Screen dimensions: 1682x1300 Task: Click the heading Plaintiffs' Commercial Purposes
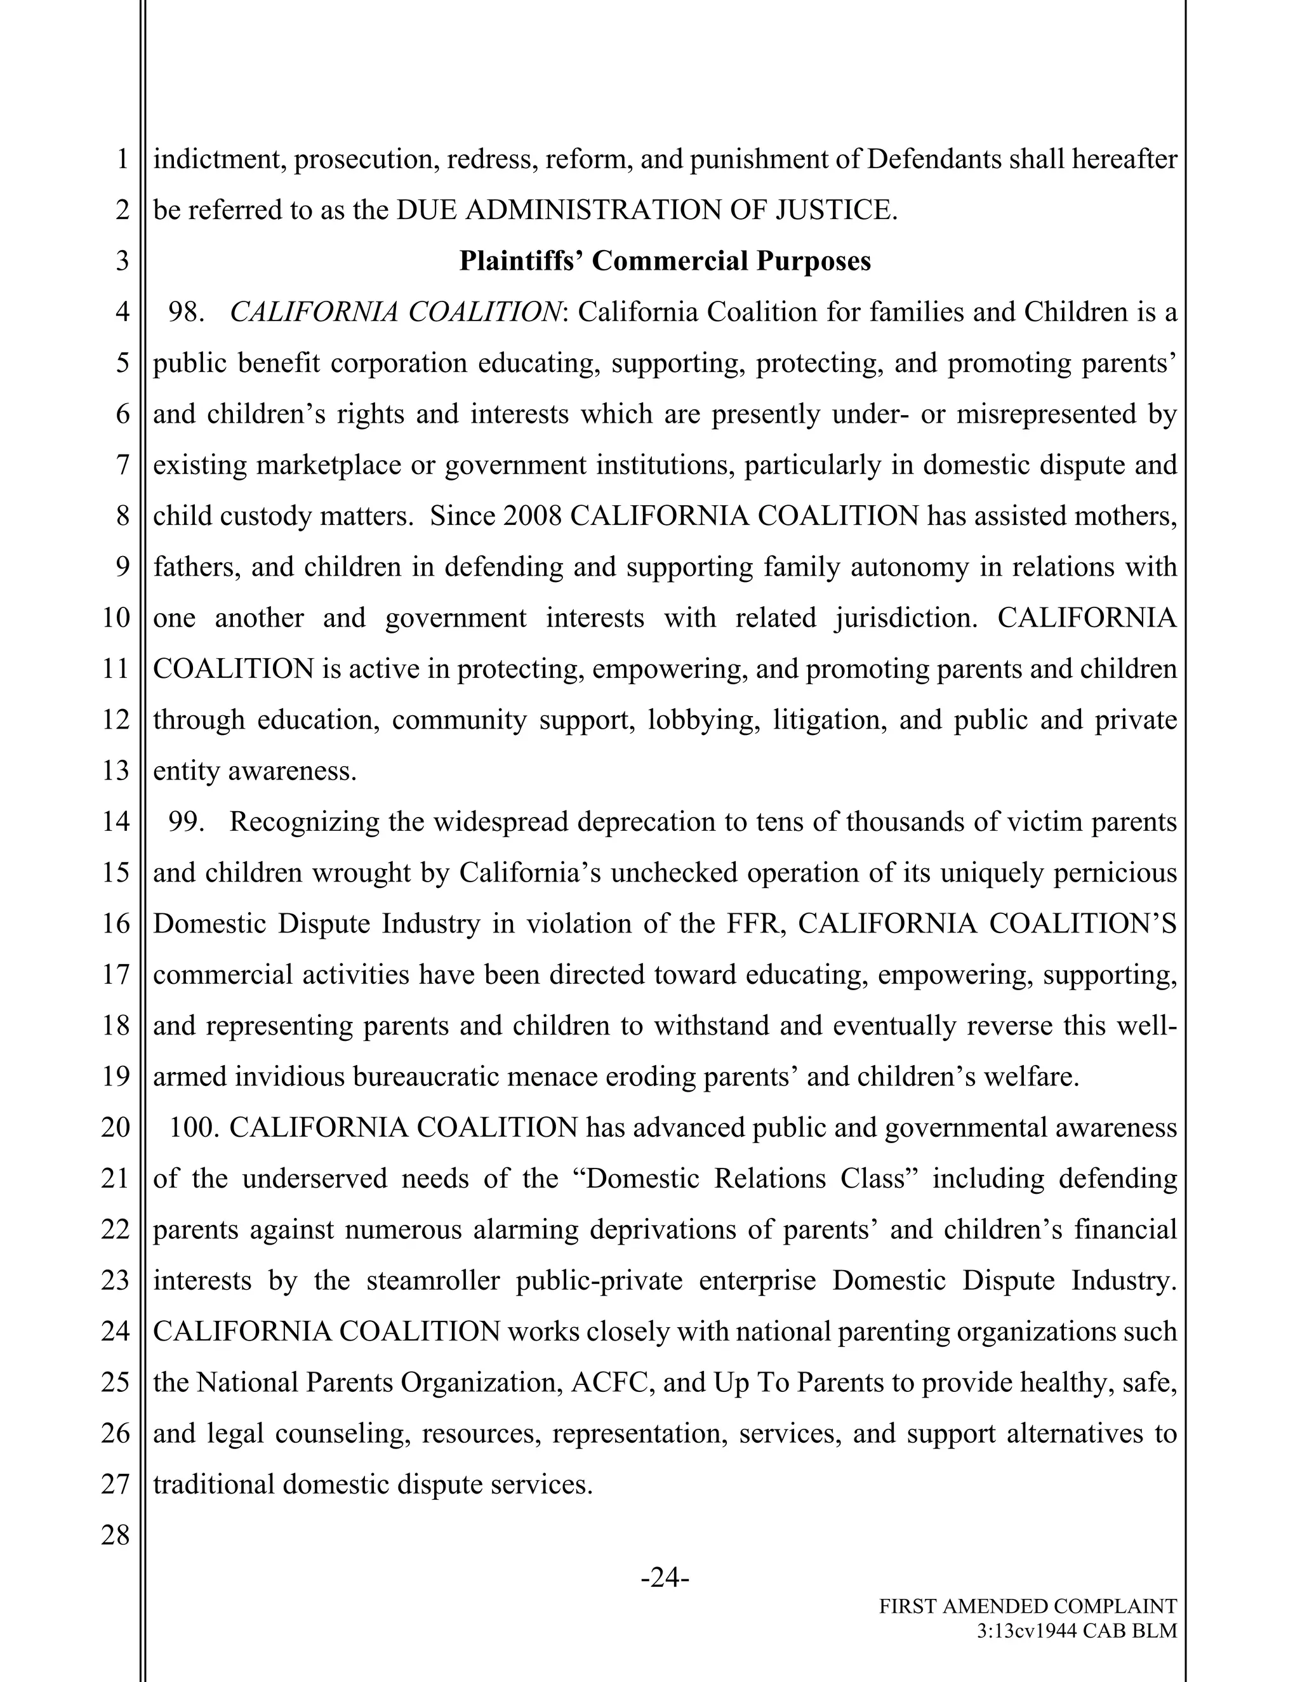[665, 261]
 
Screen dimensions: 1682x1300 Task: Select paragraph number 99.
[185, 822]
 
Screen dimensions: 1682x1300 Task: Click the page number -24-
[665, 1578]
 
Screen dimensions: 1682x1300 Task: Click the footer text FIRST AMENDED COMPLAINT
[1028, 1606]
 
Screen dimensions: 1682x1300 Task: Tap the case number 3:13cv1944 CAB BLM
[1077, 1631]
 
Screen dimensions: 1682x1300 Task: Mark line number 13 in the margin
[116, 771]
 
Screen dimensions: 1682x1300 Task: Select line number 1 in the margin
[123, 159]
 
